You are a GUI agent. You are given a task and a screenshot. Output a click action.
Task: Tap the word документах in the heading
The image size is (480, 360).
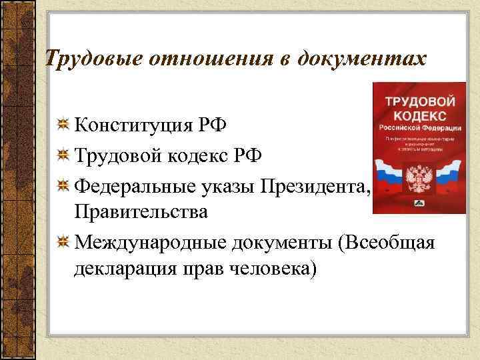click(354, 59)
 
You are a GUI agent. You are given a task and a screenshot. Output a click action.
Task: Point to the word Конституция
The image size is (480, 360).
click(132, 125)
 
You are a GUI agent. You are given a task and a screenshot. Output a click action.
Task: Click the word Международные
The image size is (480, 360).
click(151, 241)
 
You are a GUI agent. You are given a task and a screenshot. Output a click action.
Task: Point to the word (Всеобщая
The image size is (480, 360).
click(387, 241)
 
